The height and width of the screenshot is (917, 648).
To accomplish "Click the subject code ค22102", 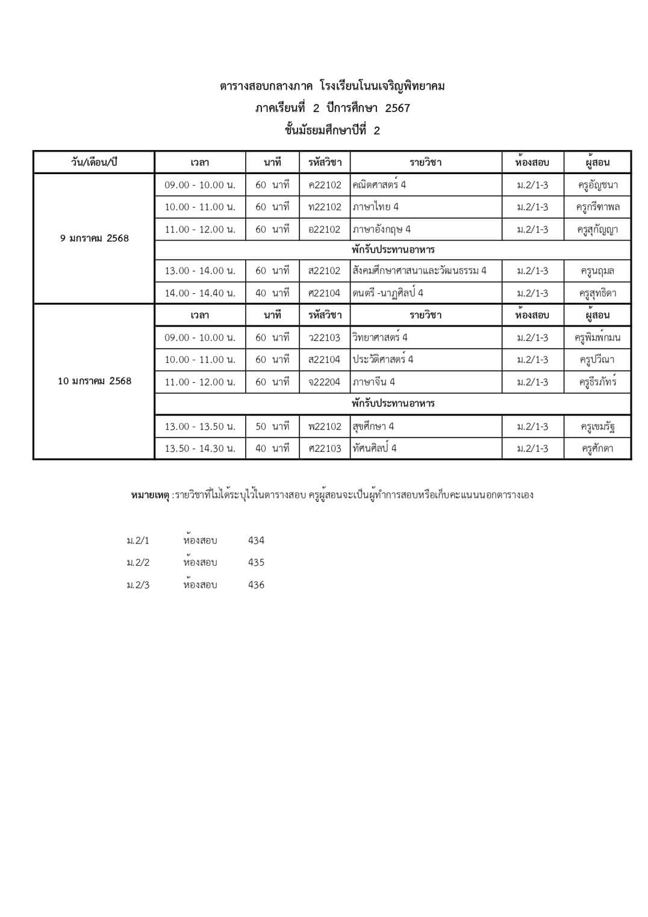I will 325,185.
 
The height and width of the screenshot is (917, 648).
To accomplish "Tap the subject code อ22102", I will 325,230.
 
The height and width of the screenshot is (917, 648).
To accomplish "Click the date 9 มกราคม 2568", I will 95,239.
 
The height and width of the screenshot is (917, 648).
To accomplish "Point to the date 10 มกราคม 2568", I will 95,381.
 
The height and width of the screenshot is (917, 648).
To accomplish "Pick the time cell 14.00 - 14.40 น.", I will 200,293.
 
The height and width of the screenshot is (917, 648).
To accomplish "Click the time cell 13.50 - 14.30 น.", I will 200,448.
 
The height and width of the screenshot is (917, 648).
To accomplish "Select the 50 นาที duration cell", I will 272,427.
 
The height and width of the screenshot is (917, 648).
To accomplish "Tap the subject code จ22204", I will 325,382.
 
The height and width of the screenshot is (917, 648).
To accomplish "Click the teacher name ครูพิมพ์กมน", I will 597,338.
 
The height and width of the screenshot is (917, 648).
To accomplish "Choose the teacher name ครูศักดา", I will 597,448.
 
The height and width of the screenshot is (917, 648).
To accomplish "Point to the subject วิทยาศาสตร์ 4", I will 380,337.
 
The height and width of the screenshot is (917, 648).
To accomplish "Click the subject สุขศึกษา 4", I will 373,427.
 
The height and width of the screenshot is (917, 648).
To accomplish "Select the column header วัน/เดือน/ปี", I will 94,163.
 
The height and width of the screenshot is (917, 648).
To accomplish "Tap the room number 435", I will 256,563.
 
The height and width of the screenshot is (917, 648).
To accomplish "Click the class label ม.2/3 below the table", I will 138,585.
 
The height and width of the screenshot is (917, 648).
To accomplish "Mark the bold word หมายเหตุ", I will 150,495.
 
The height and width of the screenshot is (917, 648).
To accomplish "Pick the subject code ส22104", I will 325,360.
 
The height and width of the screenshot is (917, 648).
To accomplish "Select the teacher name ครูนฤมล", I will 597,271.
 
